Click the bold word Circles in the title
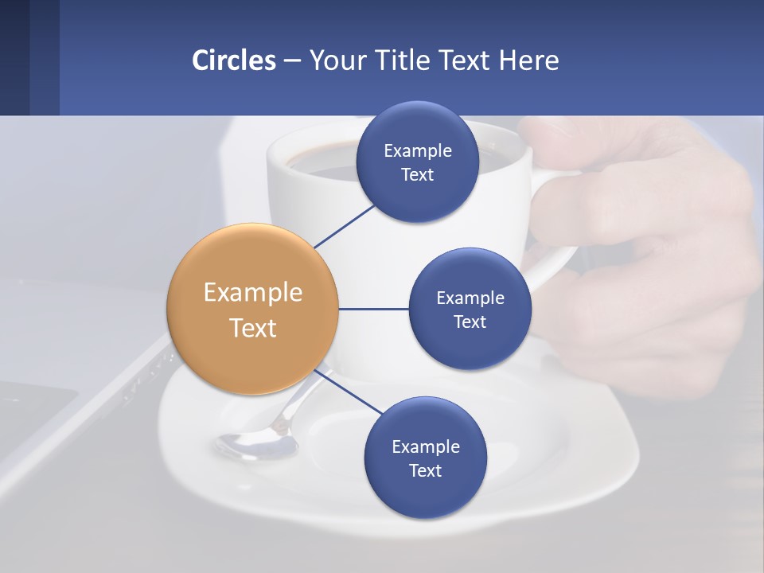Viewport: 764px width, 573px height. click(233, 60)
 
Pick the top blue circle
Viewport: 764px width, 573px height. click(417, 162)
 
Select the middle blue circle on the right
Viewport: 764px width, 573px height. click(470, 309)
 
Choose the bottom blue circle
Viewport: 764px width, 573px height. click(425, 458)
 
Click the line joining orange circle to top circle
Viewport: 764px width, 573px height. click(344, 226)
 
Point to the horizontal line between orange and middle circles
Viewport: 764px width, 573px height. click(373, 309)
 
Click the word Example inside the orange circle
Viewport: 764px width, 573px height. click(252, 292)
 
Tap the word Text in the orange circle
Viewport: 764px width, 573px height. click(252, 328)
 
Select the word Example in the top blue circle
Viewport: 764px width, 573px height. click(417, 150)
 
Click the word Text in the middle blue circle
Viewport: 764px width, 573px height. click(470, 322)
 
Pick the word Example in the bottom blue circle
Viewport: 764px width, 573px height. click(425, 446)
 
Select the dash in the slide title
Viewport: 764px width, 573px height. click(292, 60)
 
